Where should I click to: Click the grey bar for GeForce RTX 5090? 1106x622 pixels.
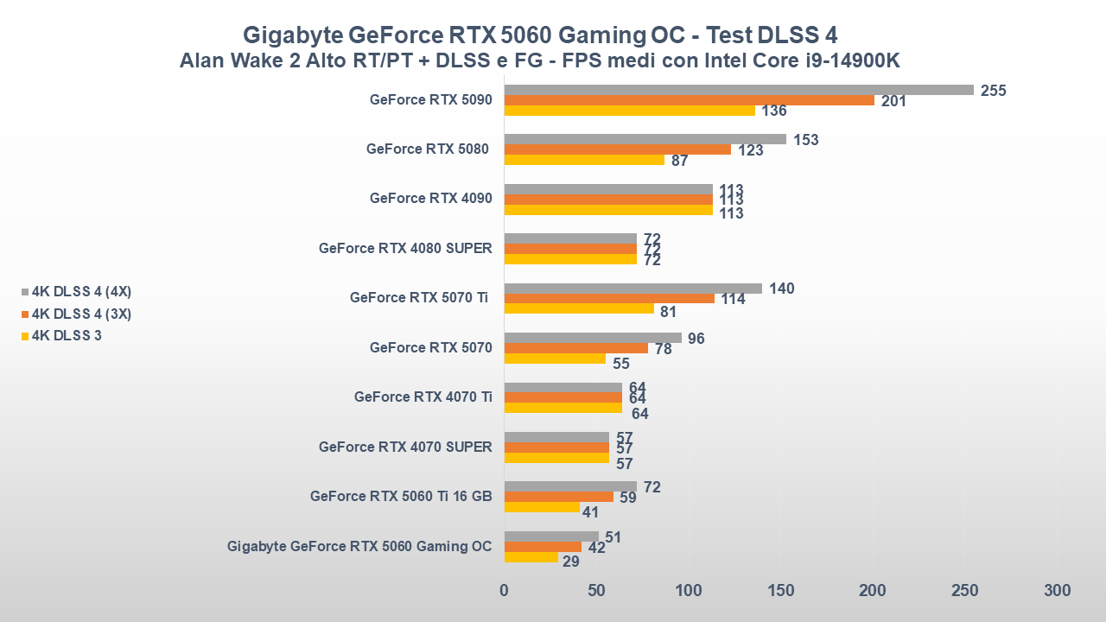pyautogui.click(x=739, y=90)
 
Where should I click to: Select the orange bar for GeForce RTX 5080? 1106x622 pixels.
pyautogui.click(x=617, y=149)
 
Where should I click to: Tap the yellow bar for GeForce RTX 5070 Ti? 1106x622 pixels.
pyautogui.click(x=579, y=308)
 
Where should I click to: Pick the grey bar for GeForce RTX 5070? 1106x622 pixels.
pyautogui.click(x=593, y=338)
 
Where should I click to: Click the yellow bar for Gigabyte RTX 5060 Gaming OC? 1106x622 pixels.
pyautogui.click(x=531, y=557)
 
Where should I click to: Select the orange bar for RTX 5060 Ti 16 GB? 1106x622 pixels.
pyautogui.click(x=558, y=497)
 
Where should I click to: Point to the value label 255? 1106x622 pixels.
pyautogui.click(x=994, y=91)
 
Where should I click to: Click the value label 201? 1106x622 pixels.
pyautogui.click(x=893, y=101)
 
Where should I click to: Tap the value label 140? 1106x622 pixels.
pyautogui.click(x=781, y=289)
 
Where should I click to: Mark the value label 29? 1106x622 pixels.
pyautogui.click(x=570, y=562)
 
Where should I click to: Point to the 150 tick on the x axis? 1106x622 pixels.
pyautogui.click(x=781, y=591)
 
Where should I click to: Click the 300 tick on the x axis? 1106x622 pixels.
pyautogui.click(x=1057, y=591)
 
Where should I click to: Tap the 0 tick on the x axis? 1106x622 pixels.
pyautogui.click(x=505, y=591)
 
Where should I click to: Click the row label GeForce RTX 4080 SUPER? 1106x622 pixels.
pyautogui.click(x=405, y=248)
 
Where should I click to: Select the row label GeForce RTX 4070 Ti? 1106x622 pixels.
pyautogui.click(x=423, y=397)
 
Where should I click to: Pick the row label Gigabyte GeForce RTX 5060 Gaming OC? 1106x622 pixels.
pyautogui.click(x=359, y=546)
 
